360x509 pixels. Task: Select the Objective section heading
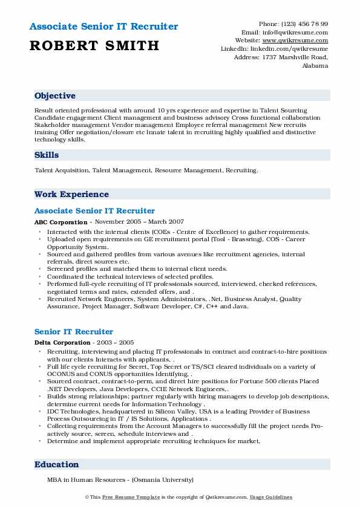click(x=55, y=96)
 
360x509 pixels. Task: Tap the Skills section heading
click(x=47, y=155)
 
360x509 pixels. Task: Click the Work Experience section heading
click(x=71, y=195)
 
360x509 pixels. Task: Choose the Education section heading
click(x=57, y=465)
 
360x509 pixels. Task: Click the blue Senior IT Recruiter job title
click(x=74, y=332)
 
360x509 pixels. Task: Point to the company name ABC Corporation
click(x=61, y=222)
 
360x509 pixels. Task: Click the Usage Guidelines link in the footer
click(x=271, y=498)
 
